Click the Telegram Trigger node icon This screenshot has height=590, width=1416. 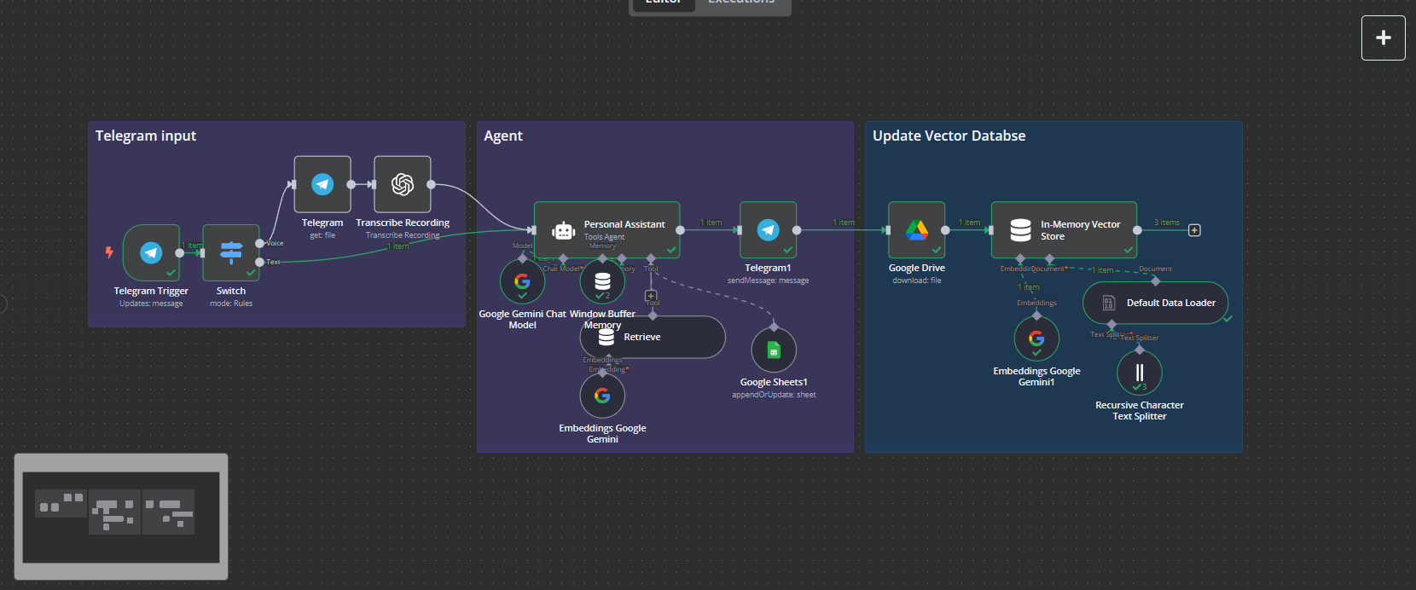(x=151, y=252)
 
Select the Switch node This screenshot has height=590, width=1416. (x=231, y=252)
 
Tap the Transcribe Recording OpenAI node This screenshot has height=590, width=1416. (x=403, y=184)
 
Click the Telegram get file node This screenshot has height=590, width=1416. (x=322, y=184)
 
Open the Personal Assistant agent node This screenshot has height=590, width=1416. (x=606, y=230)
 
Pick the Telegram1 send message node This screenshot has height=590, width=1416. (x=768, y=230)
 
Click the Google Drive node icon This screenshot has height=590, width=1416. (x=917, y=230)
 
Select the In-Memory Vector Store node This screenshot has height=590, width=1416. (x=1064, y=230)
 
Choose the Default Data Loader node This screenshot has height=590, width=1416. (x=1155, y=303)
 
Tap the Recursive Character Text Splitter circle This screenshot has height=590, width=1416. (x=1140, y=373)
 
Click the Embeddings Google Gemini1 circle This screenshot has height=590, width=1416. (x=1036, y=339)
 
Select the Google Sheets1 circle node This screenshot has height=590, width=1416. (x=774, y=350)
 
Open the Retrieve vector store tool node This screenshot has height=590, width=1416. (x=653, y=338)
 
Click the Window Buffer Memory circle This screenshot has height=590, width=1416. (x=602, y=281)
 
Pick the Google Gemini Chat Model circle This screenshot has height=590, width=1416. (x=523, y=281)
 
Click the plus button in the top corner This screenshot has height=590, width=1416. (x=1383, y=38)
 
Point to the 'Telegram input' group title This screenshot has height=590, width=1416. (x=146, y=136)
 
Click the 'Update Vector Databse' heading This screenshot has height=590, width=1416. (x=949, y=136)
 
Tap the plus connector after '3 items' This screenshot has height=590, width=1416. (x=1194, y=230)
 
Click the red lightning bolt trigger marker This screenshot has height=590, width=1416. (x=109, y=252)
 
